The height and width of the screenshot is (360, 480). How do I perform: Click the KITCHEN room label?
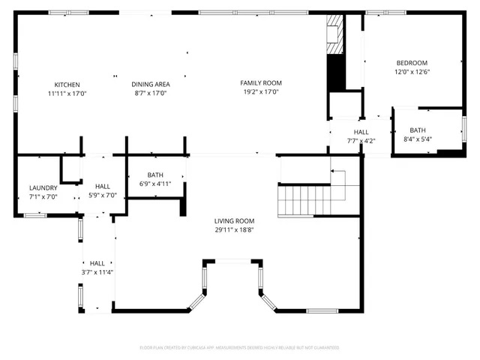[67, 85]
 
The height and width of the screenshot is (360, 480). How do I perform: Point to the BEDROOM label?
[412, 62]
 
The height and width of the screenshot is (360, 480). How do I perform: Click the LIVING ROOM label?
[234, 221]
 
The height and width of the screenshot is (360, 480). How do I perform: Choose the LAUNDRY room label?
[43, 187]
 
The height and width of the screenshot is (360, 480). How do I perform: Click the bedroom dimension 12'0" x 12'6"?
[412, 72]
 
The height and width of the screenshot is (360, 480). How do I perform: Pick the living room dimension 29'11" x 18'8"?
[234, 230]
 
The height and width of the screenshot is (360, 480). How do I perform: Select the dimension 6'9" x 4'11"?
[155, 184]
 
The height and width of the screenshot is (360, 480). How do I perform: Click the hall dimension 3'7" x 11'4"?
[97, 272]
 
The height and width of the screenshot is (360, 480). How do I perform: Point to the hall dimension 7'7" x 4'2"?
[361, 140]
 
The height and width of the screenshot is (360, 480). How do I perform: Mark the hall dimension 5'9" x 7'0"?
[103, 195]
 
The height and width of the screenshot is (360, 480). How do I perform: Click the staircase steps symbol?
[304, 201]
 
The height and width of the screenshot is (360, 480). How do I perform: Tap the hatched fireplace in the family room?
[334, 35]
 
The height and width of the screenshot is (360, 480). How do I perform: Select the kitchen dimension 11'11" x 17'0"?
[67, 94]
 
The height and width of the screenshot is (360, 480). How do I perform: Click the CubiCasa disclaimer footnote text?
[239, 347]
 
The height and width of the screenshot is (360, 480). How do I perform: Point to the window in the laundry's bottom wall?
[34, 215]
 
